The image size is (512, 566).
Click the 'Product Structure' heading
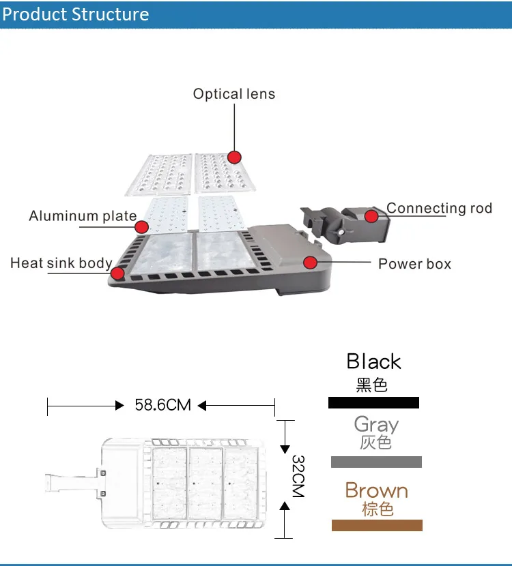(76, 14)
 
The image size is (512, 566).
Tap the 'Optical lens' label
(234, 94)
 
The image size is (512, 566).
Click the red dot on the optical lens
(235, 157)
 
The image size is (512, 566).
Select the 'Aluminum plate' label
(83, 216)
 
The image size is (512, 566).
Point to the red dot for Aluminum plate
(142, 227)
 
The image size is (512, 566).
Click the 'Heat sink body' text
(61, 263)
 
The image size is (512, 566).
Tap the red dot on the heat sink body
(117, 273)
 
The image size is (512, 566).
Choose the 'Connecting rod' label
(439, 208)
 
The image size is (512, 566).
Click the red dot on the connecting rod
(371, 216)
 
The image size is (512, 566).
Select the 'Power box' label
(414, 263)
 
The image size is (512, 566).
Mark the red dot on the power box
(311, 262)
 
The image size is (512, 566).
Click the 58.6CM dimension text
(162, 405)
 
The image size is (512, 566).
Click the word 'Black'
(373, 361)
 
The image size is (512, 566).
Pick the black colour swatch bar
(373, 402)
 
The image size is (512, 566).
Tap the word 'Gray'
(376, 425)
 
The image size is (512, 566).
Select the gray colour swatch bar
(376, 462)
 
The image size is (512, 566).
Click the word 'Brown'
(376, 490)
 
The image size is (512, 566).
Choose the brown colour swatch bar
(377, 525)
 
